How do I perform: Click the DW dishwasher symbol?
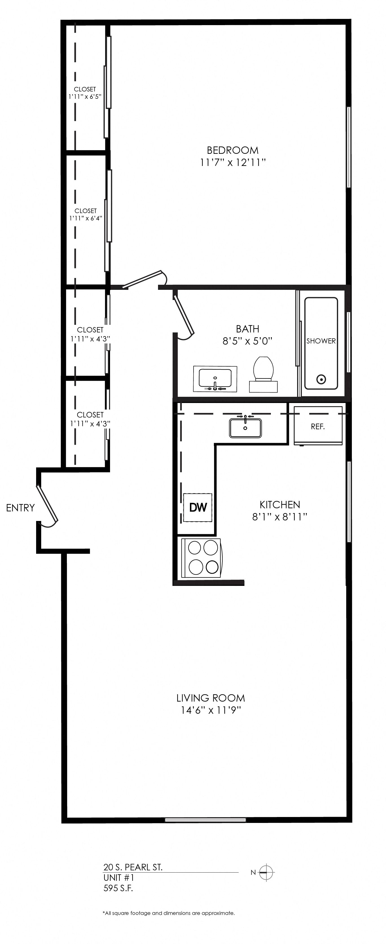coord(198,507)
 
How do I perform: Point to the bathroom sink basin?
coord(215,378)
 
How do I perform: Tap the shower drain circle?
coord(321,379)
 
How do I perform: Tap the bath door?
coord(184,316)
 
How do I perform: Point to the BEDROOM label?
coord(233,150)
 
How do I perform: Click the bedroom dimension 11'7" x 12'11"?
coord(233,162)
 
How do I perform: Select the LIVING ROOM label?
coord(210,698)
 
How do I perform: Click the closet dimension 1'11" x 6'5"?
coord(85,97)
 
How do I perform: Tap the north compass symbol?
coord(267,873)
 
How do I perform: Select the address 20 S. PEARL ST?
coord(133,867)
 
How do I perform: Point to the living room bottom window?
coord(205,820)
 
